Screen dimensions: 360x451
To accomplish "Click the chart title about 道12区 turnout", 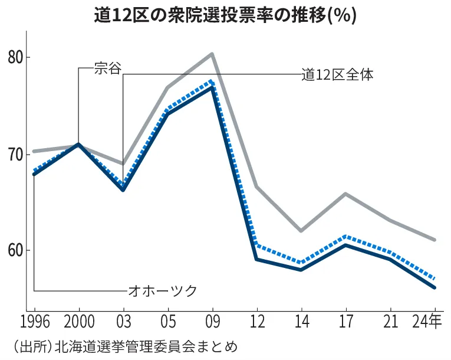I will [225, 15].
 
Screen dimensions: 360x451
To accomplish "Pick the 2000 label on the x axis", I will [78, 323].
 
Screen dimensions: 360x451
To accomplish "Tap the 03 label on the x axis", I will [123, 323].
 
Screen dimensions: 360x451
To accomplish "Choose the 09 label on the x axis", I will [212, 323].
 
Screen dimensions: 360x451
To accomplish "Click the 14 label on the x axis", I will [301, 323].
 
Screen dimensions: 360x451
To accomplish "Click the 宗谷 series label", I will [107, 68].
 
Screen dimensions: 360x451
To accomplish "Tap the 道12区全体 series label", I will [337, 74].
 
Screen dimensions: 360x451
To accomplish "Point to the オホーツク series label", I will [162, 290].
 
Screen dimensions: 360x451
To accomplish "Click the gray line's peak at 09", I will [212, 54].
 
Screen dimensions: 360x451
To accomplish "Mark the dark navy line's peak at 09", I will [212, 87].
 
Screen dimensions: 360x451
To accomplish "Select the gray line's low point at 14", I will [301, 231].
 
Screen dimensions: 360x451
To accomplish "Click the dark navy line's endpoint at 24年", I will [434, 287].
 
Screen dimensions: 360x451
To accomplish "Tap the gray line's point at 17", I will [345, 194].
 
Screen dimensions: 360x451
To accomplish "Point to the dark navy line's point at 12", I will [256, 259].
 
